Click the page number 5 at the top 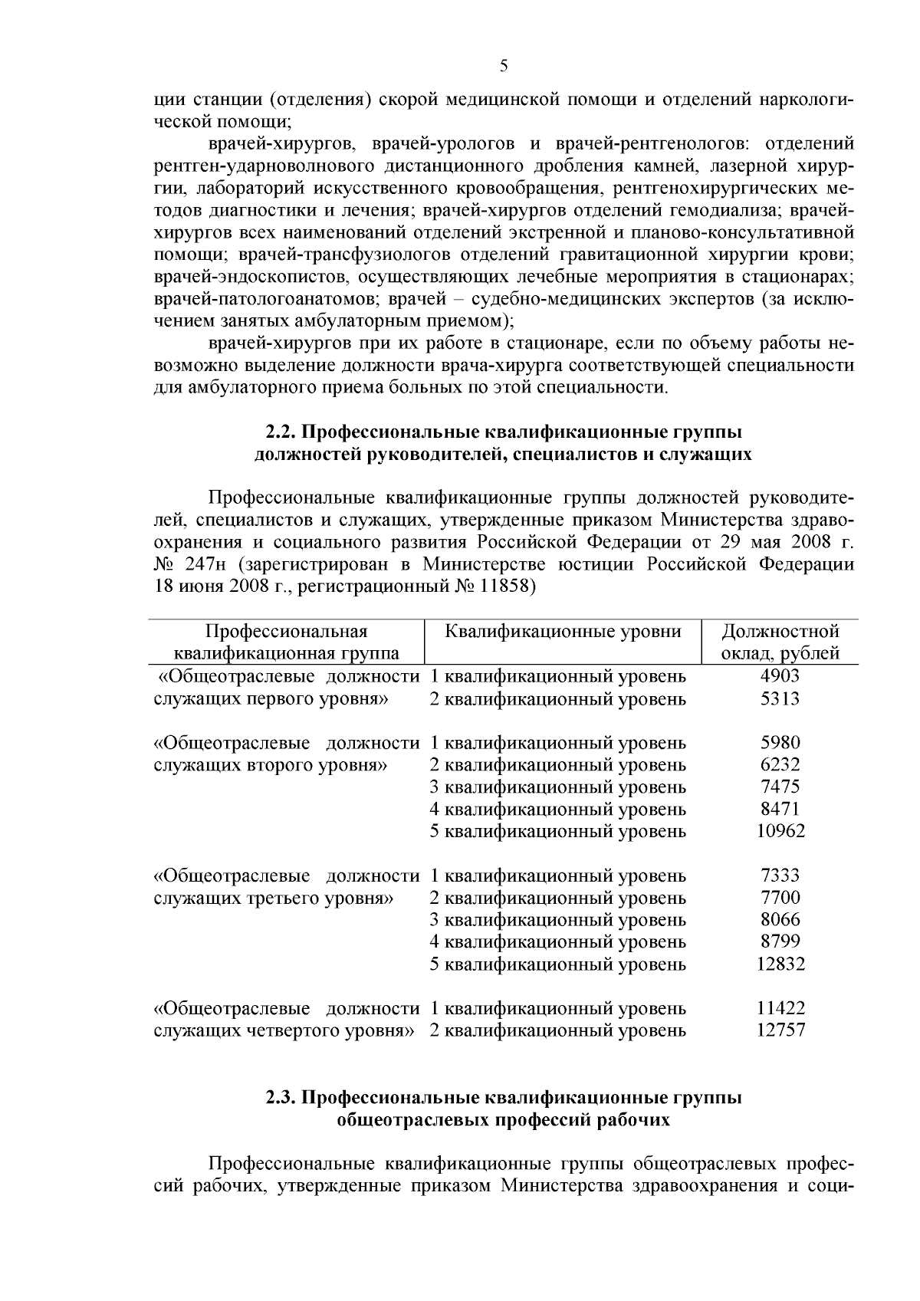click(x=504, y=66)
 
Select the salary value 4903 click(x=780, y=676)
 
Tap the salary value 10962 click(x=780, y=831)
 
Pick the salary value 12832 click(x=780, y=964)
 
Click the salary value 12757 click(x=780, y=1030)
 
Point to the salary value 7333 click(x=780, y=876)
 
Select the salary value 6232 click(x=780, y=764)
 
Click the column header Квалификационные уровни click(x=563, y=632)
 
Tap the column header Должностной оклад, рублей click(x=780, y=642)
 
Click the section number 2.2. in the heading click(x=281, y=432)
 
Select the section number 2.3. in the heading click(x=281, y=1098)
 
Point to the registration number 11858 click(x=507, y=587)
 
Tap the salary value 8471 click(x=780, y=809)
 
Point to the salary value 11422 click(x=780, y=1008)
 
